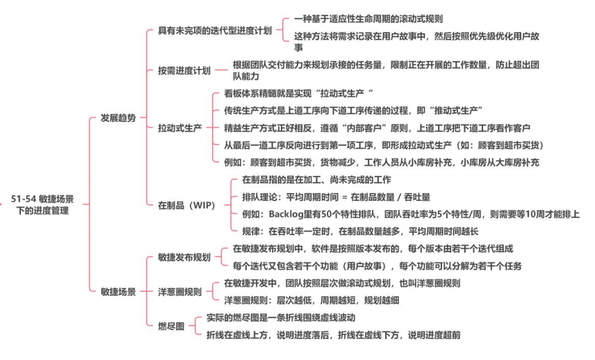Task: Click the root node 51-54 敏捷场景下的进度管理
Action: (x=42, y=204)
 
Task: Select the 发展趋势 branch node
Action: (x=118, y=118)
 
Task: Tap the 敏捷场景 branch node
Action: (x=118, y=291)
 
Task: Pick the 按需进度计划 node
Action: (x=184, y=70)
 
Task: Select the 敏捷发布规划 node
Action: (x=184, y=256)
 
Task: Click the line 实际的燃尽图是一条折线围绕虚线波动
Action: (x=281, y=318)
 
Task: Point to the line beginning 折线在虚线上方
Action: (x=333, y=335)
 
